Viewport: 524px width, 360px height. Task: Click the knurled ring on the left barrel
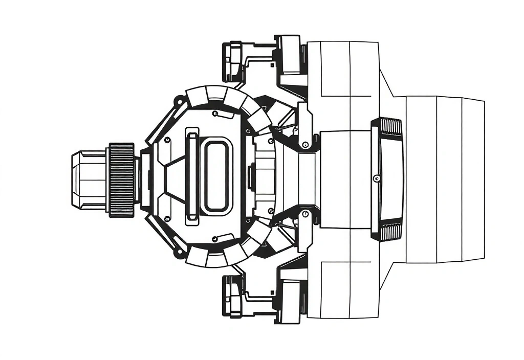point(121,179)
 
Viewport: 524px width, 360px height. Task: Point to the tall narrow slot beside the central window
point(192,177)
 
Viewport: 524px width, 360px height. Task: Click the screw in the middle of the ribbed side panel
point(377,178)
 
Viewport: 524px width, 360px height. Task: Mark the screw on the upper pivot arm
point(305,144)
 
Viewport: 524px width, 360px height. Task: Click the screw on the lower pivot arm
point(305,214)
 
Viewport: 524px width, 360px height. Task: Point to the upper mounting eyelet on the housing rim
point(179,100)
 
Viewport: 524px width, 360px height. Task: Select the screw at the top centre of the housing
point(215,113)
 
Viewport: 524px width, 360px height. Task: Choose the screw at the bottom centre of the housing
point(215,239)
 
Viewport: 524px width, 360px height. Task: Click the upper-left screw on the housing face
point(168,139)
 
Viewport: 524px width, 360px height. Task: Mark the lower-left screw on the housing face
point(168,218)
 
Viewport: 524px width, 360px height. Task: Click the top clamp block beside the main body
point(290,56)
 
